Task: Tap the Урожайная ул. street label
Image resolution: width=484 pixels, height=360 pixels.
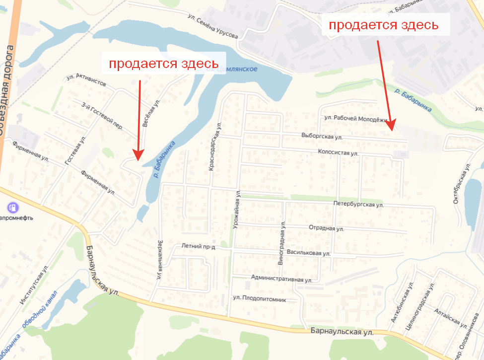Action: click(237, 209)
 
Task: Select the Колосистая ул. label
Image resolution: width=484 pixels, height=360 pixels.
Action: click(338, 153)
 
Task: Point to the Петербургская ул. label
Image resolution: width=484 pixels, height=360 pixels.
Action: click(358, 204)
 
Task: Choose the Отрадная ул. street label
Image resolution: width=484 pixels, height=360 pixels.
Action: click(326, 228)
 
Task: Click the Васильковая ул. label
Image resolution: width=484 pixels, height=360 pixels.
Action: click(308, 253)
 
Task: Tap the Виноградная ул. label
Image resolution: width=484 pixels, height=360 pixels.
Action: click(282, 243)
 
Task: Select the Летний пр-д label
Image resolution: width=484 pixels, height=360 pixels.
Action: click(198, 246)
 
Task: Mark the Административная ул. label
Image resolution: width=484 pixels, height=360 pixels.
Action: click(281, 279)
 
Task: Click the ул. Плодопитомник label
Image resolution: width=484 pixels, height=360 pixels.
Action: click(259, 299)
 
